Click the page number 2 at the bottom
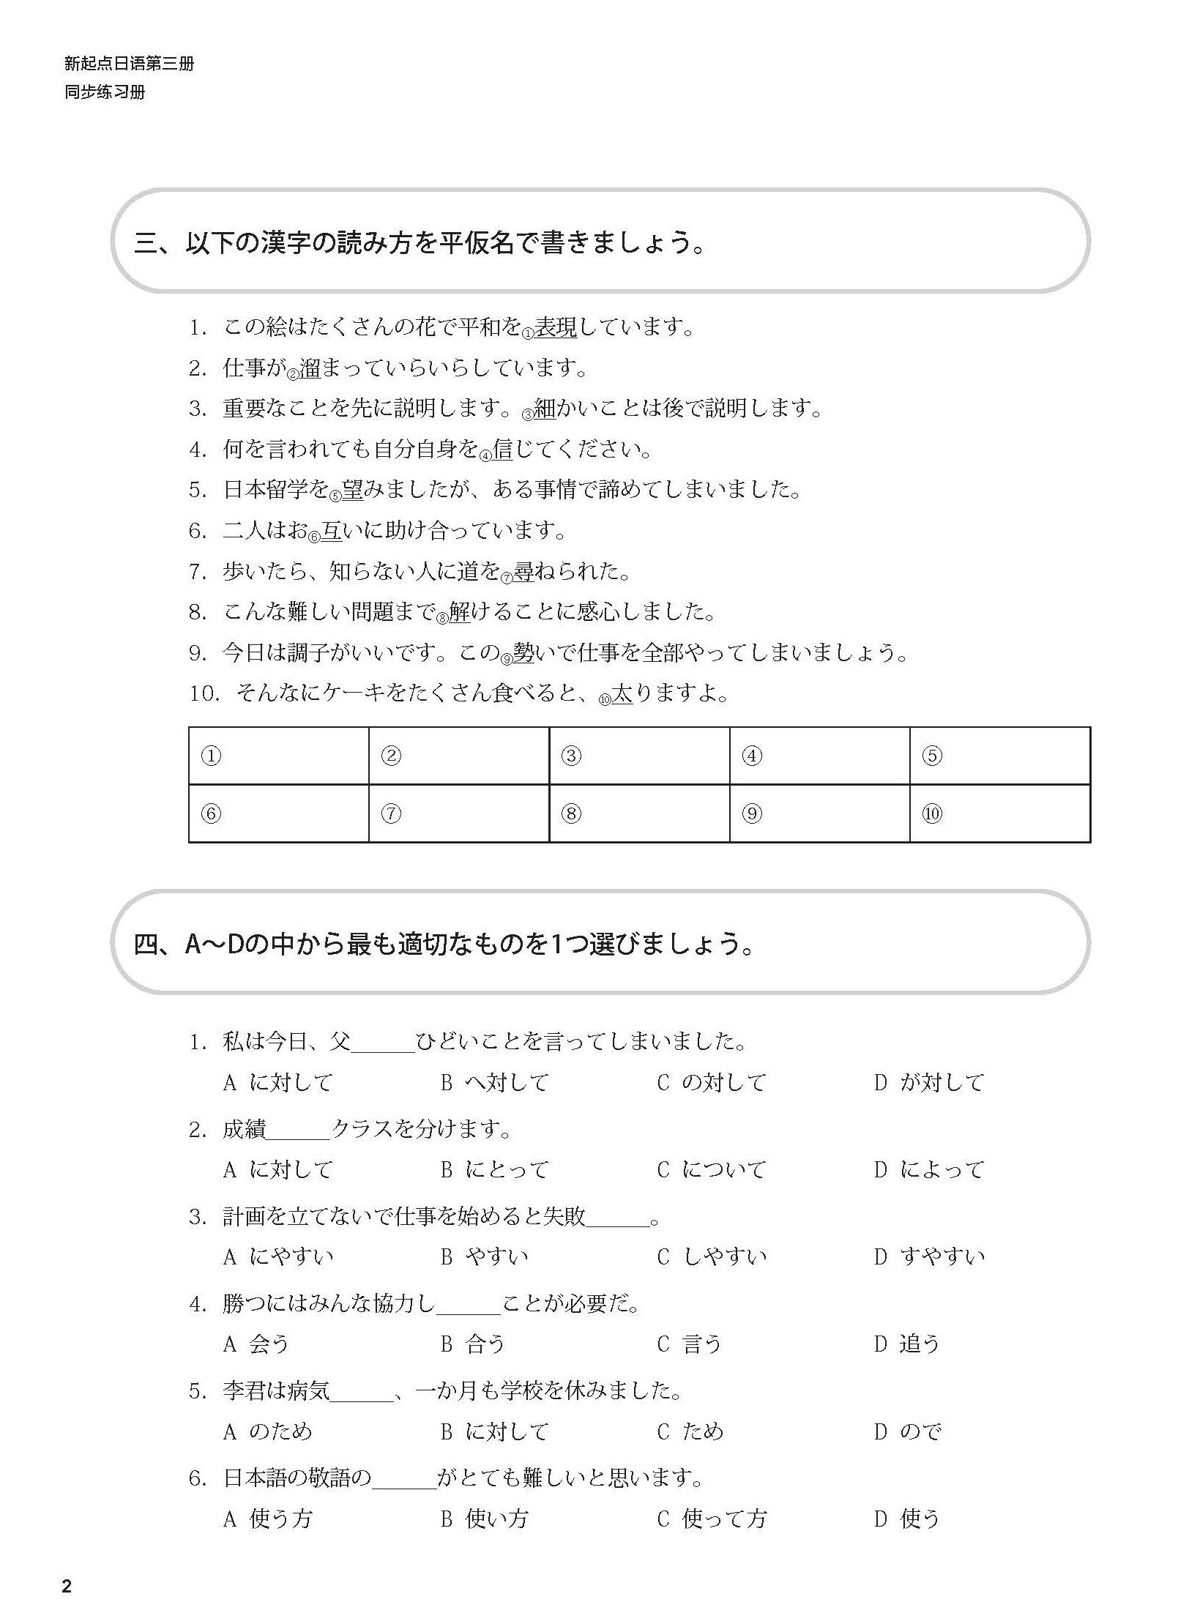pyautogui.click(x=67, y=1587)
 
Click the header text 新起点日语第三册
pyautogui.click(x=129, y=64)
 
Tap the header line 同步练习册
pyautogui.click(x=105, y=92)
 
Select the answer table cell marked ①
pyautogui.click(x=278, y=756)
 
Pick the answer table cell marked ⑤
pyautogui.click(x=999, y=756)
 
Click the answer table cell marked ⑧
pyautogui.click(x=638, y=813)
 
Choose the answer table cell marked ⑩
pyautogui.click(x=999, y=813)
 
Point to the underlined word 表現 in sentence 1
pyautogui.click(x=556, y=327)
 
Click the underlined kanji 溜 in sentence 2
pyautogui.click(x=310, y=368)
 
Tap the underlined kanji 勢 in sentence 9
pyautogui.click(x=523, y=652)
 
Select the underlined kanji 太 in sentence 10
pyautogui.click(x=622, y=693)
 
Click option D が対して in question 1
pyautogui.click(x=930, y=1082)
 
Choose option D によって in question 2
pyautogui.click(x=930, y=1169)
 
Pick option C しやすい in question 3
pyautogui.click(x=712, y=1256)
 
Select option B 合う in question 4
pyautogui.click(x=474, y=1344)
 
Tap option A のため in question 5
pyautogui.click(x=268, y=1431)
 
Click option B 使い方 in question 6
pyautogui.click(x=485, y=1518)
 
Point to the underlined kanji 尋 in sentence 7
pyautogui.click(x=523, y=571)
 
